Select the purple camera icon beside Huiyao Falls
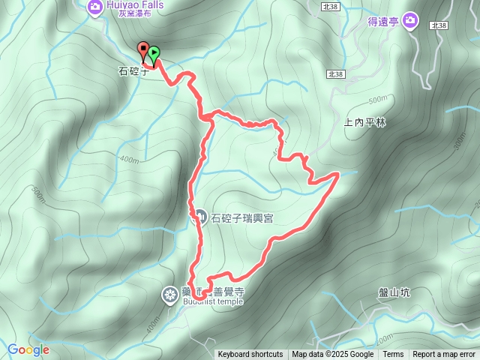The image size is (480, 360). point(94,7)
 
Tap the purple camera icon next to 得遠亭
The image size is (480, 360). point(410,21)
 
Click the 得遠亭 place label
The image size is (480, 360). point(382,22)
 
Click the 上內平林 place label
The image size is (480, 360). point(364,122)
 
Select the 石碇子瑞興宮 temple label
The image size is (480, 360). point(241,218)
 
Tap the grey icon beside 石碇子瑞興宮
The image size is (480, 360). point(199,217)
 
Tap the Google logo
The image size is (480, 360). point(28,349)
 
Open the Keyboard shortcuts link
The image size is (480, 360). point(250,355)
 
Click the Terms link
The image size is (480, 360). point(393,355)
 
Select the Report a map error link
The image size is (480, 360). point(444,355)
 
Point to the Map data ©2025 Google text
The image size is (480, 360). point(332,355)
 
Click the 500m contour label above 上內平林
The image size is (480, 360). point(379,100)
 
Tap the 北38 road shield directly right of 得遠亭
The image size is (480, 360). point(439,25)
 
